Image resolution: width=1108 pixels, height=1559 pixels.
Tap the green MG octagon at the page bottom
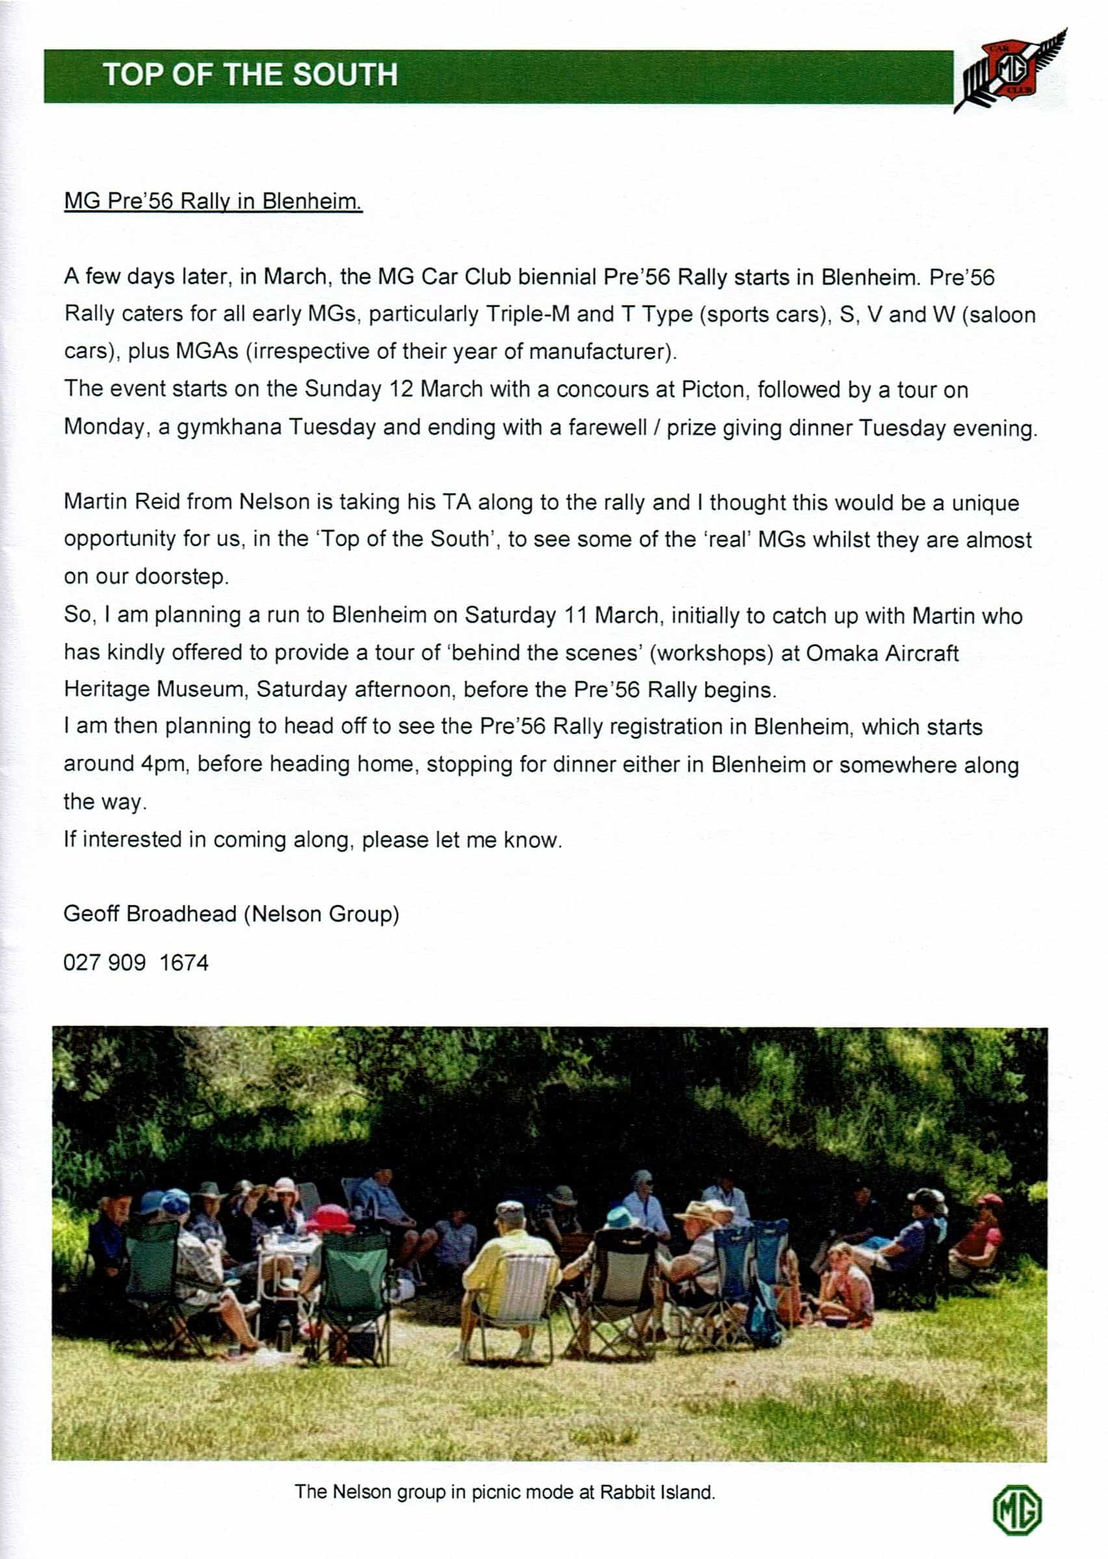[1016, 1510]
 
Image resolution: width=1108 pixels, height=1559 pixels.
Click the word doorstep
[181, 577]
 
